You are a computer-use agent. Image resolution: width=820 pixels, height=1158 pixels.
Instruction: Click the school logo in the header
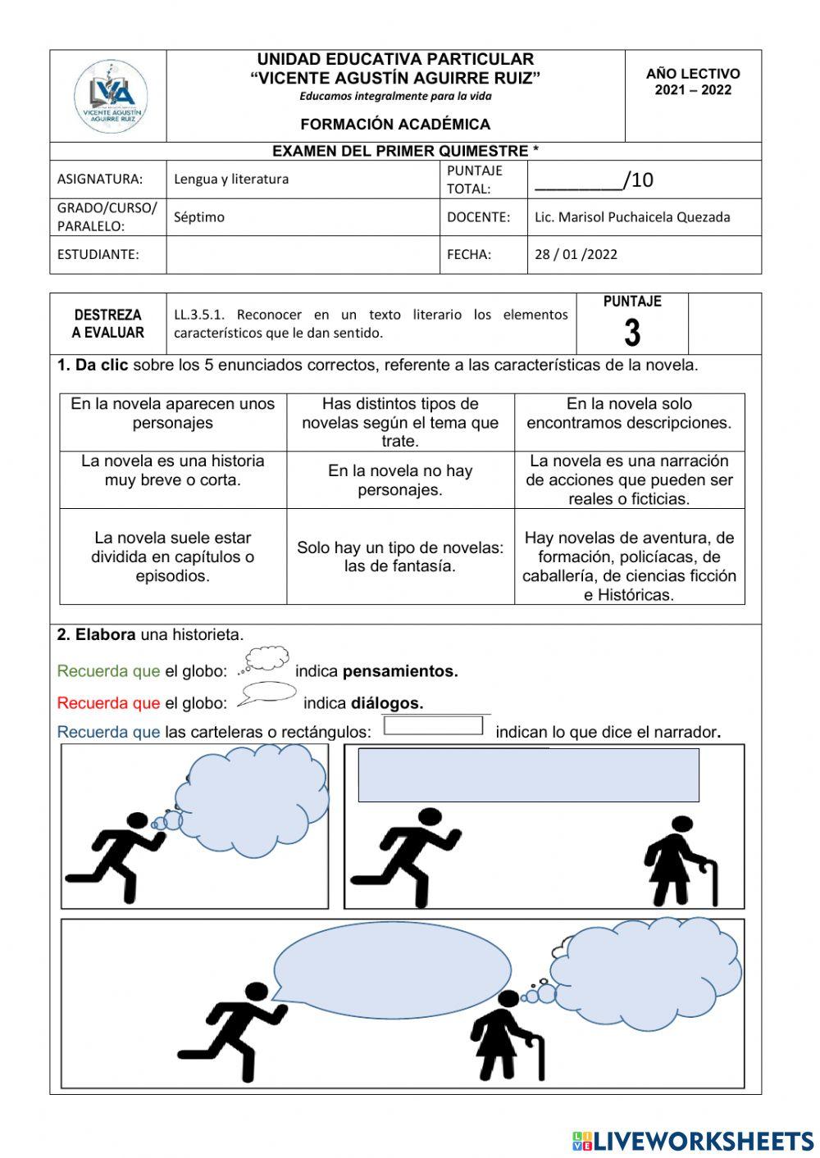tap(110, 96)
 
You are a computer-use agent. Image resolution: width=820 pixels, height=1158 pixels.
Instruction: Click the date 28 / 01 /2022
tap(576, 254)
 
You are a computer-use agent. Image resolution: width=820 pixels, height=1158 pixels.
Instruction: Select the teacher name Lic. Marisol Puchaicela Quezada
tap(631, 217)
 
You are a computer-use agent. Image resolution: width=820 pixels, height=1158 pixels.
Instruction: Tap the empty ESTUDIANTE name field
tap(303, 255)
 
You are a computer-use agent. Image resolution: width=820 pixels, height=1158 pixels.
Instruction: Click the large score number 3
tap(631, 333)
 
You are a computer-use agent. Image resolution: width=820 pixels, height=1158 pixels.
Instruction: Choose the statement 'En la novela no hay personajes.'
tap(400, 480)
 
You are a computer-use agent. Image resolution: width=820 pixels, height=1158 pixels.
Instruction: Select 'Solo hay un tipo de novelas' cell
tap(400, 556)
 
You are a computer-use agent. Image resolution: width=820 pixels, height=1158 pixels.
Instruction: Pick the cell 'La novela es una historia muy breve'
tap(173, 470)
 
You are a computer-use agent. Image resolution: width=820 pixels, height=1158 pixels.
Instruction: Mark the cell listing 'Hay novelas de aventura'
tap(629, 565)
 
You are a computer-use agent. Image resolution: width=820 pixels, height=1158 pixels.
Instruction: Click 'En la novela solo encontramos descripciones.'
tap(629, 413)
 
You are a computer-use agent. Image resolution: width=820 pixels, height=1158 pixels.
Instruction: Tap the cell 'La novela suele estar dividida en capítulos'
tap(173, 556)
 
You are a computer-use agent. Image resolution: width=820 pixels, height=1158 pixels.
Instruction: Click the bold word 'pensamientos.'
tap(400, 671)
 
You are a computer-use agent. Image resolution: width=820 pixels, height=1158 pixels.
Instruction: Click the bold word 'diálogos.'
tap(387, 703)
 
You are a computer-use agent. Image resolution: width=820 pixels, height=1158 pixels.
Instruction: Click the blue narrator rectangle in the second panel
tap(528, 774)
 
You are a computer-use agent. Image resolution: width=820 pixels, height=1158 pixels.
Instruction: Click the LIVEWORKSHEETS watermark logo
tap(693, 1141)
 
